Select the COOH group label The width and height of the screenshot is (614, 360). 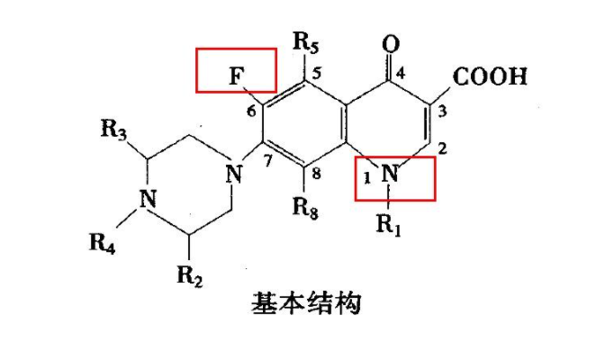[x=490, y=76]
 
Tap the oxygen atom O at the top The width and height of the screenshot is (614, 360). [x=389, y=44]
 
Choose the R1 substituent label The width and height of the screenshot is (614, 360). [x=388, y=226]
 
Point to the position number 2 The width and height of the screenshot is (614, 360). [x=442, y=148]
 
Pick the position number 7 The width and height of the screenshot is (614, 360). [x=267, y=162]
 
